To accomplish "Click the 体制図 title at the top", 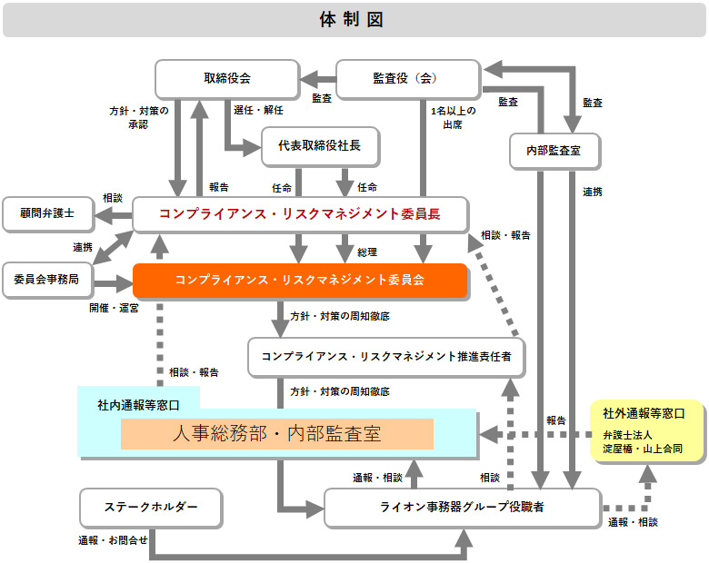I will coord(354,20).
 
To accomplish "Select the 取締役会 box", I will coord(227,79).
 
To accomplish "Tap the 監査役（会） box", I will coord(408,79).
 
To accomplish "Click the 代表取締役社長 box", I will coord(320,147).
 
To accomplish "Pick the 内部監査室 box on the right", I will coord(554,151).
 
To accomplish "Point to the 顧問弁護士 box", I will coord(47,214).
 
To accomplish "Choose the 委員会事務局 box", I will coord(47,279).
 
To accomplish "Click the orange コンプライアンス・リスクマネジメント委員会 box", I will coord(300,281).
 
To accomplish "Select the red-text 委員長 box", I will coord(300,214).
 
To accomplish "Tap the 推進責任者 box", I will coord(386,356).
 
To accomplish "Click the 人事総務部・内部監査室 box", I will coord(277,434).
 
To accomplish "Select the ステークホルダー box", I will coord(151,507).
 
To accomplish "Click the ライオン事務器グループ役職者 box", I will coord(462,508).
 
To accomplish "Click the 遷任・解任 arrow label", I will coord(259,110).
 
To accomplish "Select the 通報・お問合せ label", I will coord(113,541).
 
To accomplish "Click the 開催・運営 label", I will coord(114,309).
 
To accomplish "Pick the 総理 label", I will coord(367,252).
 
